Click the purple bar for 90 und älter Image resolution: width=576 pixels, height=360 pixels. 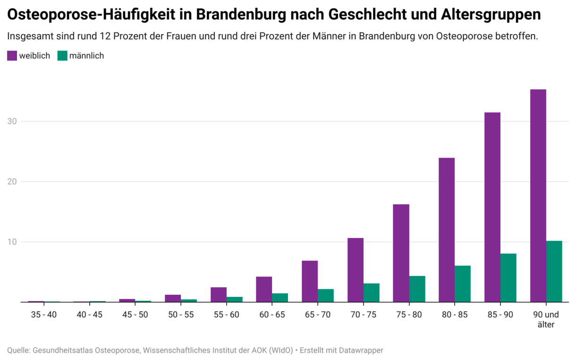point(538,196)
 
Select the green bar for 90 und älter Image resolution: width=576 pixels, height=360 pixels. point(554,272)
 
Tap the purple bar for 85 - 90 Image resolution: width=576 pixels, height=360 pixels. point(492,207)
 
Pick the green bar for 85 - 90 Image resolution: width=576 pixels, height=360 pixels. point(508,278)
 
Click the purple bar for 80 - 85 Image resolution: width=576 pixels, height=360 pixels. point(447,230)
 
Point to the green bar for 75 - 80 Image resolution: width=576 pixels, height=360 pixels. point(417,289)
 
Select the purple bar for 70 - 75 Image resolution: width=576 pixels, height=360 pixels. point(356,270)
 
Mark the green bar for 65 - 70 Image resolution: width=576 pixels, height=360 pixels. point(326,295)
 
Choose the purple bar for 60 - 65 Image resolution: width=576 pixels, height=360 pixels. point(264,289)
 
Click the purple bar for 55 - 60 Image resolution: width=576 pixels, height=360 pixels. point(219,294)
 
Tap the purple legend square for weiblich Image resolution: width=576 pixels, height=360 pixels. point(12,56)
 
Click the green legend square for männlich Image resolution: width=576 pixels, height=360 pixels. point(62,56)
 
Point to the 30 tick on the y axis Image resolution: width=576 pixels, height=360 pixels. point(12,121)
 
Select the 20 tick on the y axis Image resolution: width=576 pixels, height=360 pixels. point(12,182)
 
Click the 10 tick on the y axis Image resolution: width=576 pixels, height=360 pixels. point(12,242)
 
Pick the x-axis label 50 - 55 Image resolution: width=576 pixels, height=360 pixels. point(180,315)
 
